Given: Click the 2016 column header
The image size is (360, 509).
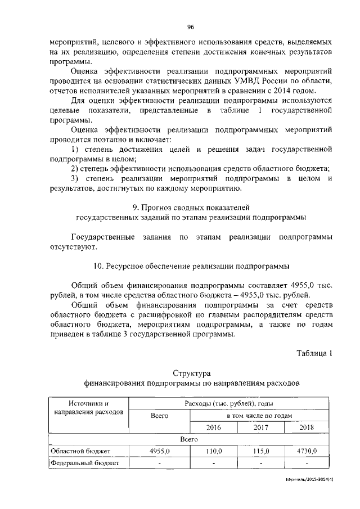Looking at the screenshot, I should [214, 427].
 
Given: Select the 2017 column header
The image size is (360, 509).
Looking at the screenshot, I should [261, 427].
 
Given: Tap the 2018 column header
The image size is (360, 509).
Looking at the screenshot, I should [307, 427].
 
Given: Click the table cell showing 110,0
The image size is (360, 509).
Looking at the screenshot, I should [214, 451].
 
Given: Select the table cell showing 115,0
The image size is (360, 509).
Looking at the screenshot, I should [261, 451].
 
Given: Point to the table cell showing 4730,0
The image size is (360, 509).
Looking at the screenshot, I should [307, 451].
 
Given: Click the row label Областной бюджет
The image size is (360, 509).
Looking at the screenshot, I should [80, 451].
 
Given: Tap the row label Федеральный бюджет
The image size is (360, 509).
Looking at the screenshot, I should [84, 463].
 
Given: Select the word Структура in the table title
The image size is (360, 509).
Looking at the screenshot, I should [191, 373].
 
